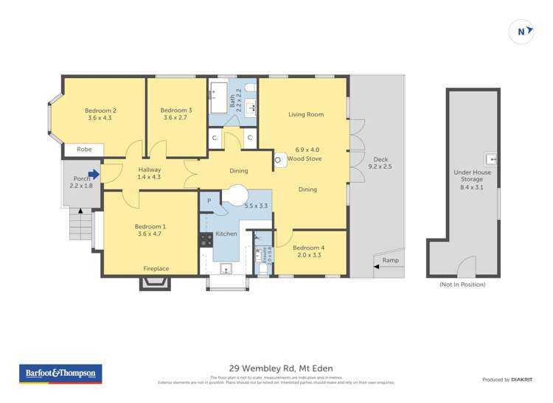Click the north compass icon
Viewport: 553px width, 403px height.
click(523, 31)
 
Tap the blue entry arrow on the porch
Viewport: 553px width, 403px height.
click(92, 175)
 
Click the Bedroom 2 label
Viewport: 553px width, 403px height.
click(102, 111)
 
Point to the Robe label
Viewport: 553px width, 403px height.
click(84, 149)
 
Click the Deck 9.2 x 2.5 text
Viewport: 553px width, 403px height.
click(380, 167)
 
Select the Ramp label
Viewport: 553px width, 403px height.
click(390, 260)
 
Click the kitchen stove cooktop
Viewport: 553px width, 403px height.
click(205, 239)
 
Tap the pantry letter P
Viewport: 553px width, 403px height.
click(209, 200)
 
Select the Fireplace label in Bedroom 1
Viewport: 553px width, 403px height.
click(156, 269)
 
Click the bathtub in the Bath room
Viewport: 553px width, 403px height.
click(219, 93)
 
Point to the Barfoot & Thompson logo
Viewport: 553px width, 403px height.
click(60, 374)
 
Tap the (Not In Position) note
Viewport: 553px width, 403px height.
click(462, 284)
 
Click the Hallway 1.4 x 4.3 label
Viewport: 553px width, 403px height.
click(150, 173)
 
